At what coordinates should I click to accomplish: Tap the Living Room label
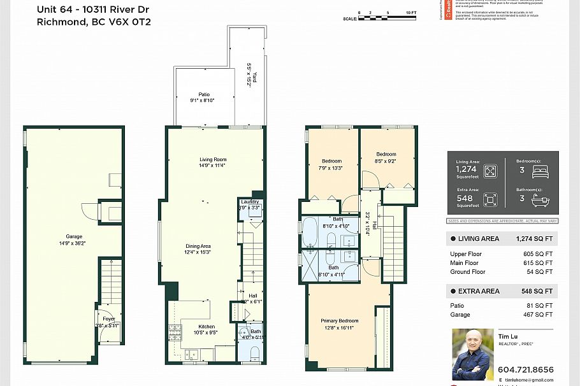click(213, 159)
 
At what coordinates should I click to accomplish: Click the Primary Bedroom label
click(339, 320)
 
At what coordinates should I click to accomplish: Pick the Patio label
click(203, 94)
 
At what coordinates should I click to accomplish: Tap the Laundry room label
click(249, 201)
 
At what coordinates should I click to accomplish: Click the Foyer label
click(108, 320)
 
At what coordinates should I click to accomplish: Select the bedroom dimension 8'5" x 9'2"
click(386, 161)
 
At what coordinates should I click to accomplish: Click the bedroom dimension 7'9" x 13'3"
click(331, 168)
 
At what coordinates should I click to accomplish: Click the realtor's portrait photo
click(472, 354)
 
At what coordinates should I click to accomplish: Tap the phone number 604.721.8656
click(526, 369)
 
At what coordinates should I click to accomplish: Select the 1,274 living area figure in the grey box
click(466, 169)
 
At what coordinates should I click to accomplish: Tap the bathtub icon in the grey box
click(540, 200)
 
